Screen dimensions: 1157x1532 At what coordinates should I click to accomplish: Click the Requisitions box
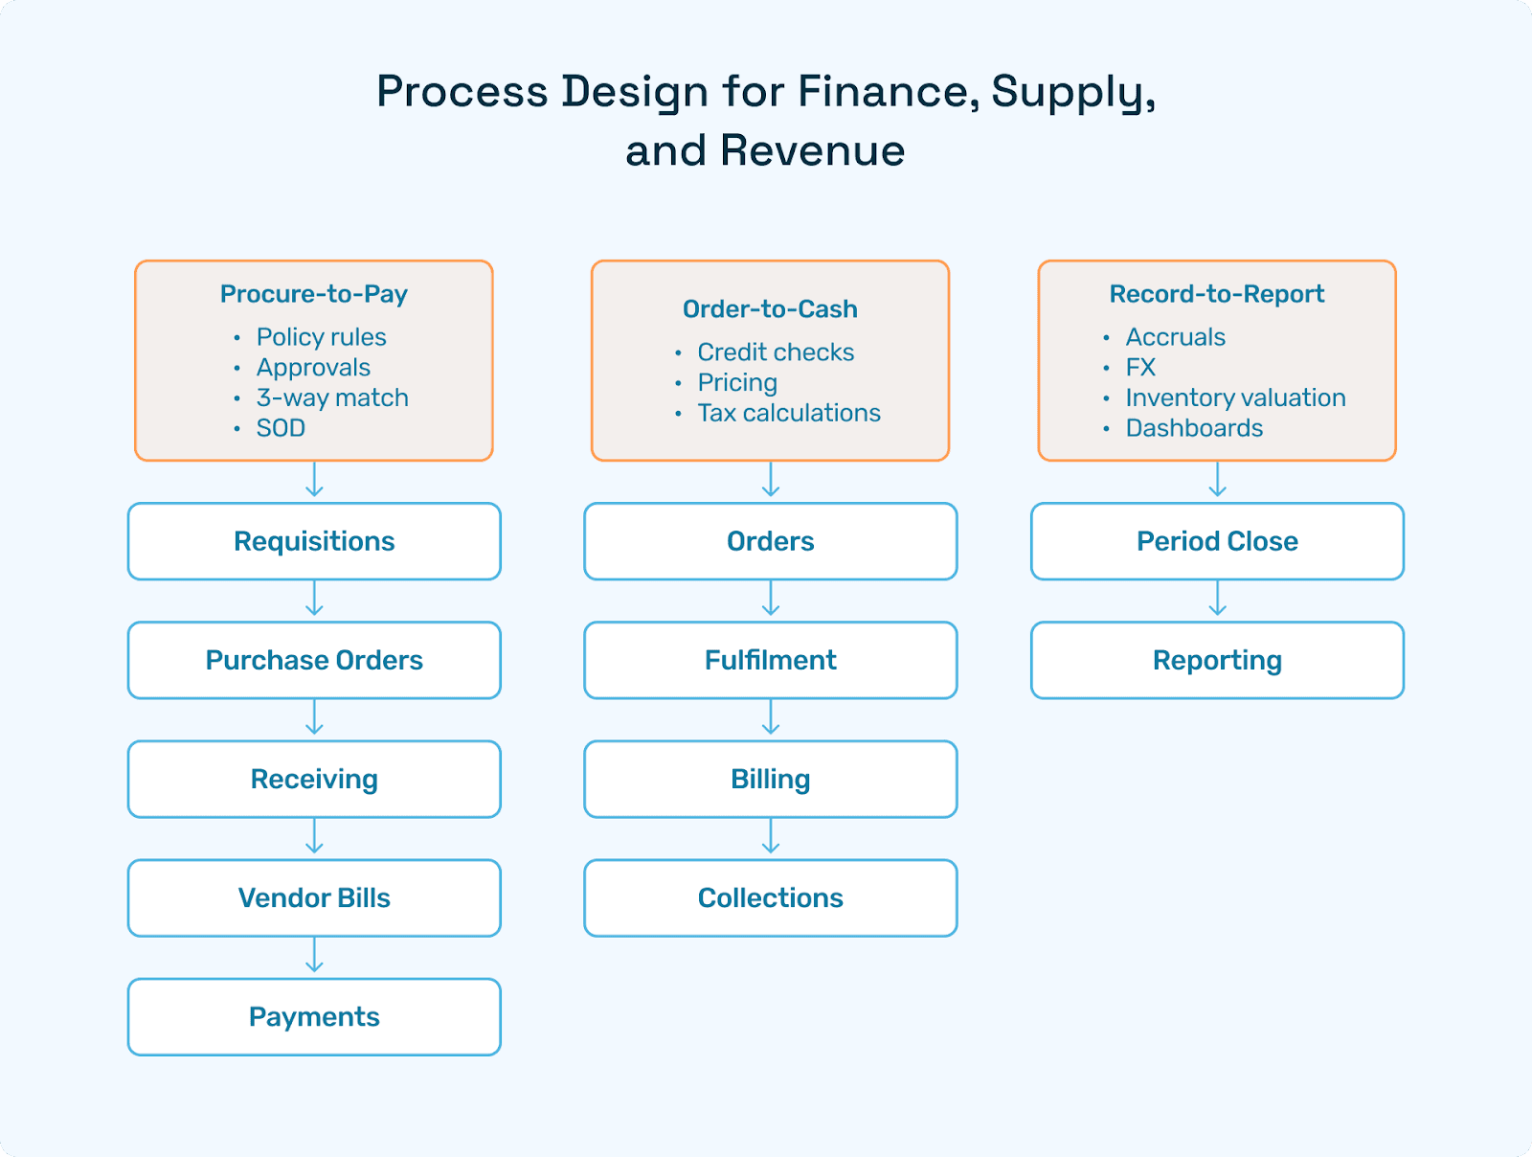tap(314, 541)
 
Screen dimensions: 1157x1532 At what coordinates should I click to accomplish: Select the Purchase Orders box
tap(314, 660)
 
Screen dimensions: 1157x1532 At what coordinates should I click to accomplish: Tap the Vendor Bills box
tap(314, 897)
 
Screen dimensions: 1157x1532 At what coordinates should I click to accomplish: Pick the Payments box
tap(314, 1016)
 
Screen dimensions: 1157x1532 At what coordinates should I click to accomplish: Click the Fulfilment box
tap(770, 660)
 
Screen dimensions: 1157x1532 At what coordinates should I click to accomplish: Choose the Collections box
tap(770, 897)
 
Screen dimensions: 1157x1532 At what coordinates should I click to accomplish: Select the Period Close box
tap(1217, 541)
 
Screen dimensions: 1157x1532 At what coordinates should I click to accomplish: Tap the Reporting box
tap(1217, 660)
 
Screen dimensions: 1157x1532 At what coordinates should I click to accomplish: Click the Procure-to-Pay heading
tap(314, 294)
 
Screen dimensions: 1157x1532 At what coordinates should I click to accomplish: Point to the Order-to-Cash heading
tap(770, 309)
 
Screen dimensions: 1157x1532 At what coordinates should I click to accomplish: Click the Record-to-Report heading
tap(1217, 294)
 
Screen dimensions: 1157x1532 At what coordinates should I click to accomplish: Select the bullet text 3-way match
tap(332, 397)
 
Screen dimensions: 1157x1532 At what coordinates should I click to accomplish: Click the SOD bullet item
tap(281, 428)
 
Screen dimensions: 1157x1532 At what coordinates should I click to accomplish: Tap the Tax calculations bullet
tap(789, 413)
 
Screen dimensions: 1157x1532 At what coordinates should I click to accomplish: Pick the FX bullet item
tap(1140, 368)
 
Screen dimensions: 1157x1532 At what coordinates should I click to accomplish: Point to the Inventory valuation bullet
tap(1235, 397)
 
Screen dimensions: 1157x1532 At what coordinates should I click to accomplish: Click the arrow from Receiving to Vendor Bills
tap(314, 837)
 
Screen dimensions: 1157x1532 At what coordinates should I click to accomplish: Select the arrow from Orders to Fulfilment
tap(771, 600)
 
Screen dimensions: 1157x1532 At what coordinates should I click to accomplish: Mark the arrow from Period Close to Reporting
tap(1217, 600)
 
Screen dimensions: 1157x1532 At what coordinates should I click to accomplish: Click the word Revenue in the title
tap(812, 151)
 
